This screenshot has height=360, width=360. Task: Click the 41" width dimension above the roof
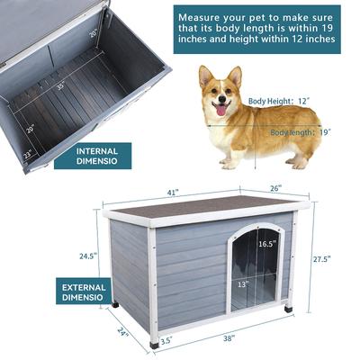coord(172,192)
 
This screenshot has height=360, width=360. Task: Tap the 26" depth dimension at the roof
coord(275,188)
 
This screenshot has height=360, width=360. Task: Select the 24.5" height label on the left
coord(87,256)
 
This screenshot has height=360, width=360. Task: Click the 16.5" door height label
coord(267,244)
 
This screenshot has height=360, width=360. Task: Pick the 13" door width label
coord(245,284)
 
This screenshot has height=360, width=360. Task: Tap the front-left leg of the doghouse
coord(156,341)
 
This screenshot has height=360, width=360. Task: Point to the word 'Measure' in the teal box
coord(204,17)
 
